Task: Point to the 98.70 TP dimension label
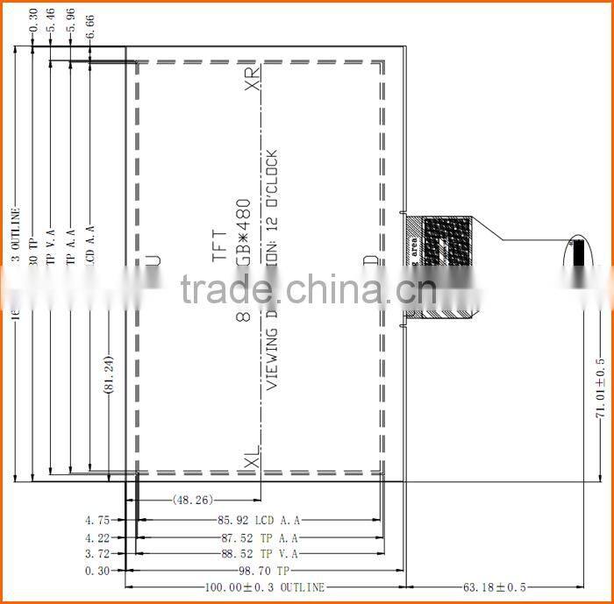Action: pos(261,571)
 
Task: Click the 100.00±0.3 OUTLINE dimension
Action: pos(264,587)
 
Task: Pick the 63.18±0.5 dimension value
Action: pos(496,587)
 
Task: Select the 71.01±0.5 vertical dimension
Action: pos(601,390)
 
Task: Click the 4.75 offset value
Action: pos(96,520)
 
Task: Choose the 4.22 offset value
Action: pos(96,537)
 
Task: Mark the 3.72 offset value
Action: pos(96,553)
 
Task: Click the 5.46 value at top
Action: pos(51,21)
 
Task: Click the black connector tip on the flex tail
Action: pos(578,254)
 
